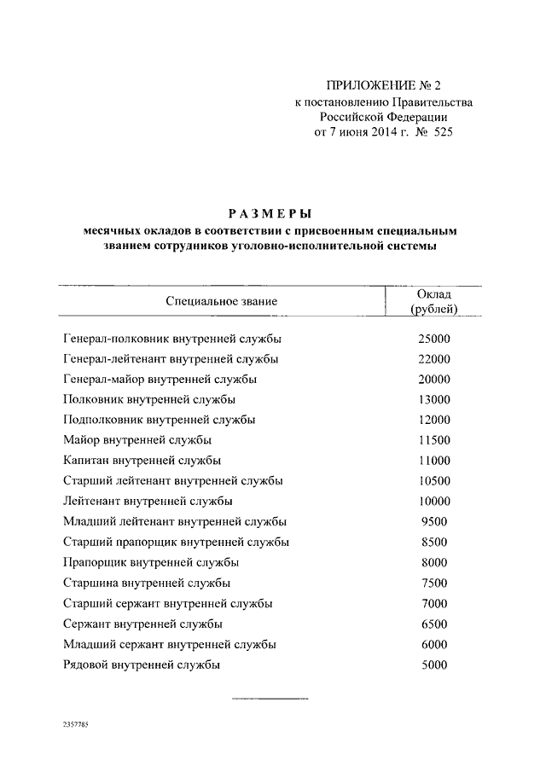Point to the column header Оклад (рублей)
click(433, 301)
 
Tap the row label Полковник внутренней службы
click(150, 399)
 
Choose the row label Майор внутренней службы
click(137, 440)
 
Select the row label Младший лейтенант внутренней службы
click(175, 521)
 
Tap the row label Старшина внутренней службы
click(147, 583)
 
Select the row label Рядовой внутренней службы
click(142, 665)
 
